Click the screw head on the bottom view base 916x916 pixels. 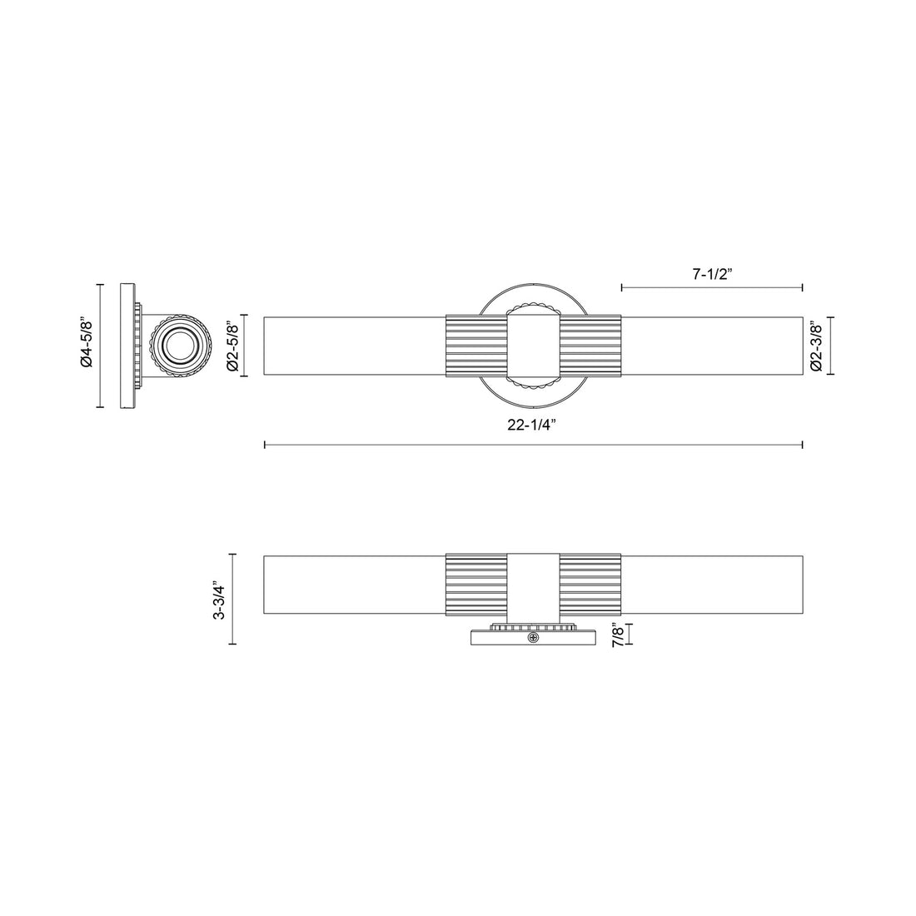click(533, 638)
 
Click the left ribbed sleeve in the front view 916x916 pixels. click(476, 346)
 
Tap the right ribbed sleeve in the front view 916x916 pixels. click(590, 346)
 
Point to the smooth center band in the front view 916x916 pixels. click(533, 346)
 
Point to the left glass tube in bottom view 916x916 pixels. click(354, 584)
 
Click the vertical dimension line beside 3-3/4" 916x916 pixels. click(233, 600)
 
